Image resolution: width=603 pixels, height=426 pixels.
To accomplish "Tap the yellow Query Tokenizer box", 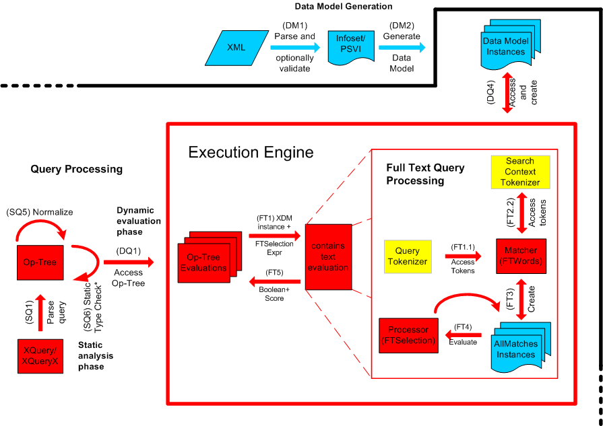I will (x=408, y=256).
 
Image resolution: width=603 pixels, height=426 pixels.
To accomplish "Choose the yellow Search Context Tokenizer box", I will (x=519, y=172).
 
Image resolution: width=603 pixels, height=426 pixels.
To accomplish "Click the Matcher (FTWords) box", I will (x=521, y=256).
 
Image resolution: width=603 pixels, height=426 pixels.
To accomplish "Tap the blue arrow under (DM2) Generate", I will (x=402, y=47).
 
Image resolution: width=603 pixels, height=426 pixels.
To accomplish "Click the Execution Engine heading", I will (x=251, y=152).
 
